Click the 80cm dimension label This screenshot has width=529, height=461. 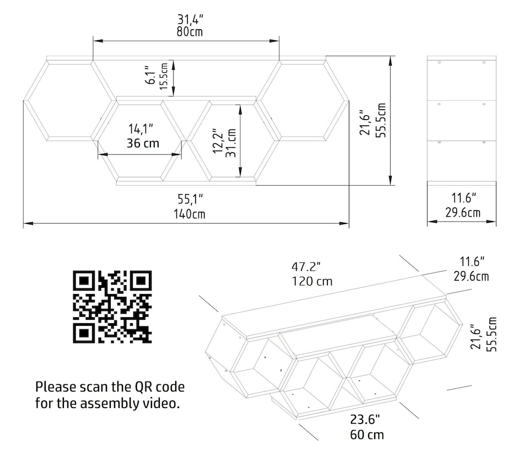click(x=190, y=31)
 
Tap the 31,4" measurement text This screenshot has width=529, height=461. click(x=188, y=17)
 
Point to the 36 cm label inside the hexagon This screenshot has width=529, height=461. click(x=143, y=143)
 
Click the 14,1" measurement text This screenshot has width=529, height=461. click(x=141, y=129)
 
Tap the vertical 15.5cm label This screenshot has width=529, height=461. click(x=164, y=76)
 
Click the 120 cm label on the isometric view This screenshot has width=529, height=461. click(x=312, y=281)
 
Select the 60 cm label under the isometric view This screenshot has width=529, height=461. click(x=367, y=435)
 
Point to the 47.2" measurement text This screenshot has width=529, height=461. click(x=306, y=267)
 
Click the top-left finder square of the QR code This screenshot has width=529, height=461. click(x=84, y=281)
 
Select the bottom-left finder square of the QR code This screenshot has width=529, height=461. click(x=84, y=333)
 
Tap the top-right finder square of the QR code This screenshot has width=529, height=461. click(x=142, y=281)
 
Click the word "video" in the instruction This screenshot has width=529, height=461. click(x=163, y=403)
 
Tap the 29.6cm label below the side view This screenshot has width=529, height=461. click(x=462, y=212)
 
